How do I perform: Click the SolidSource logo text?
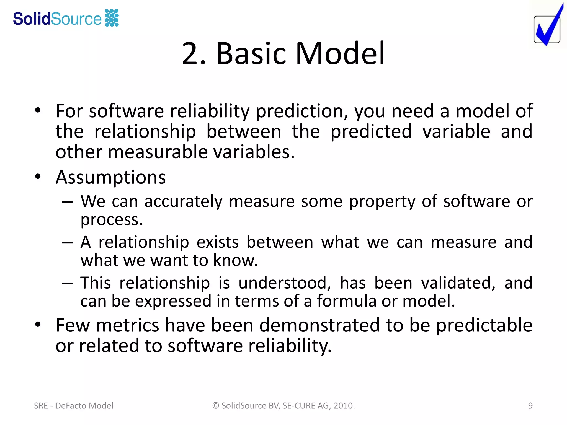point(57,19)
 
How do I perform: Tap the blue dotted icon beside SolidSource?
point(112,18)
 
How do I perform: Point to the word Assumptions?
point(110,177)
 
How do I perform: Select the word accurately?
point(183,201)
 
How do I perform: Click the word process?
point(111,220)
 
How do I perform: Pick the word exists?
point(218,242)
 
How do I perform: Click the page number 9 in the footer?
point(530,406)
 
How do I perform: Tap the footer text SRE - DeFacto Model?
point(74,406)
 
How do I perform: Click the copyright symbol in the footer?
point(216,406)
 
